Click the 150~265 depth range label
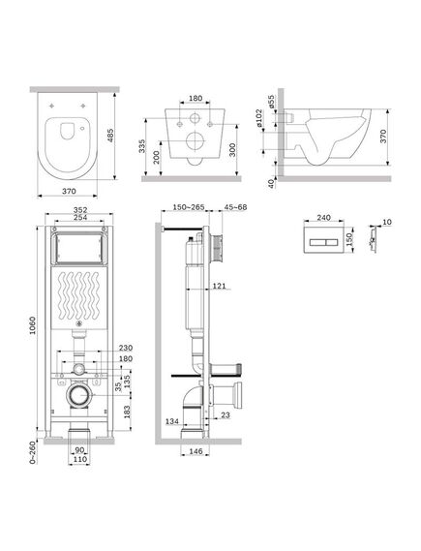click(189, 205)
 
